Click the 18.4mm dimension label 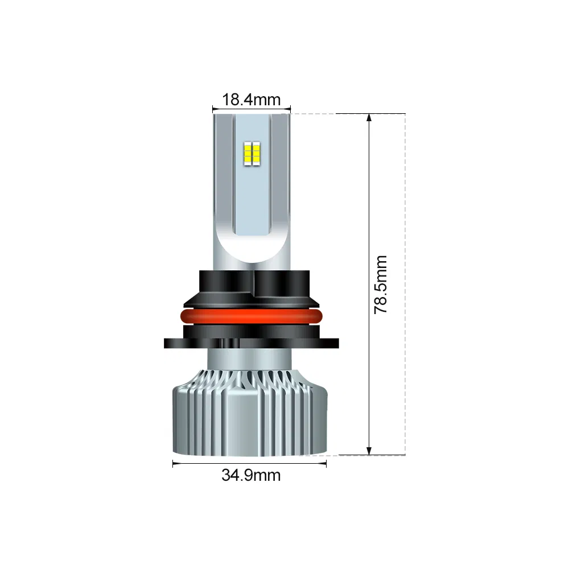coord(251,100)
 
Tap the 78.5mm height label coord(381,284)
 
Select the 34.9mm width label coord(251,475)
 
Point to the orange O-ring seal coord(251,317)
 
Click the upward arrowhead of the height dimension coord(369,118)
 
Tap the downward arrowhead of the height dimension coord(369,450)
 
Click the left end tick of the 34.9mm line coord(173,463)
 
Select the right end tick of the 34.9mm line coord(326,463)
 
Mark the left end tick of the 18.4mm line coord(213,108)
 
